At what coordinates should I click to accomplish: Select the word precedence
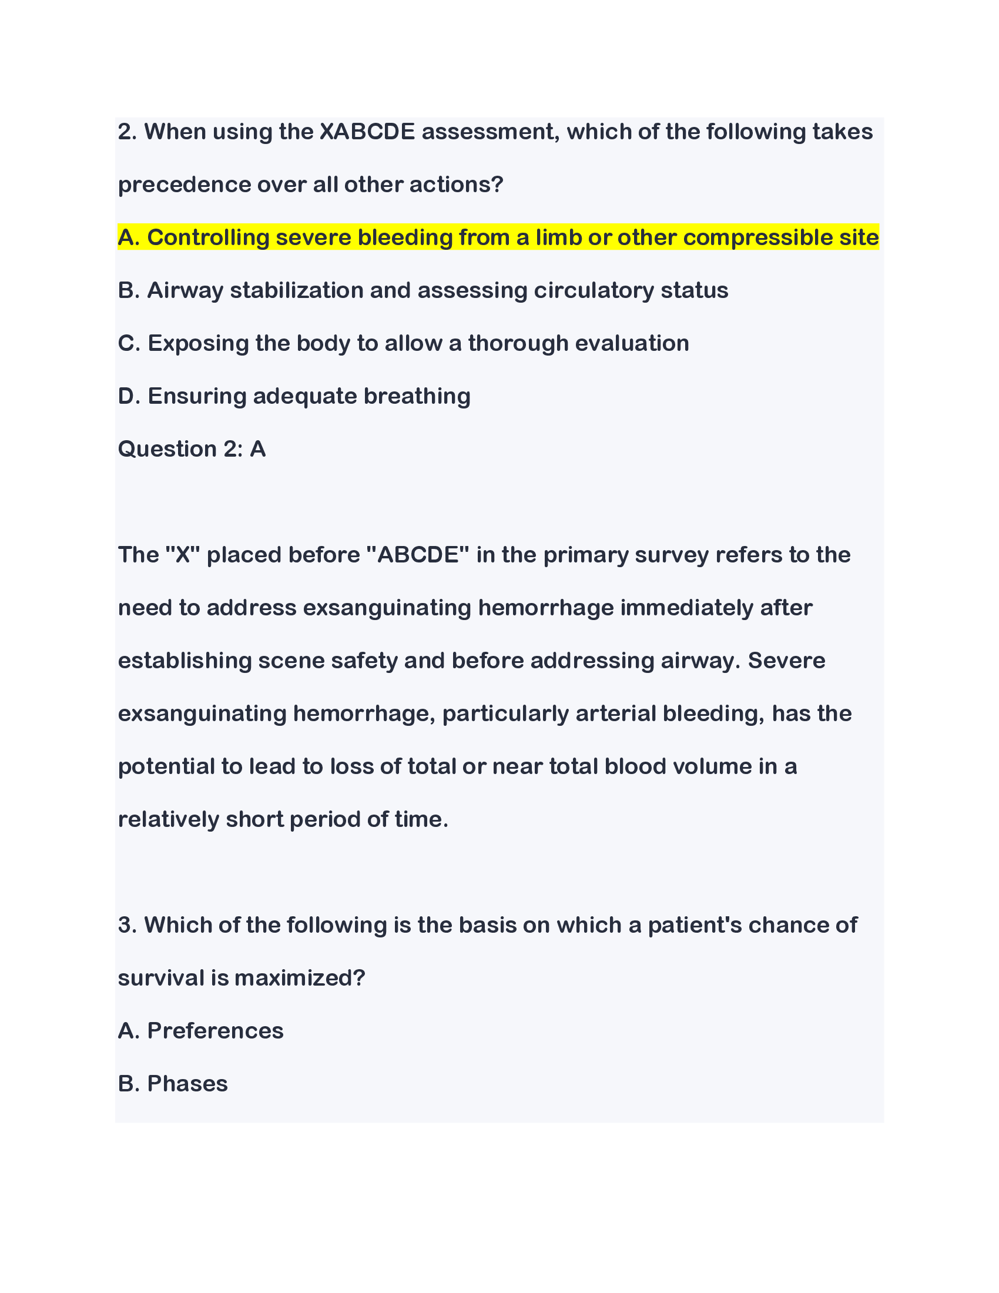(185, 185)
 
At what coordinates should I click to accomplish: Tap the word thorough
(518, 343)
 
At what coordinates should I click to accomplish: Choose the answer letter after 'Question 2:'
(257, 449)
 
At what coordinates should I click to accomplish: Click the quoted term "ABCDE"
(418, 555)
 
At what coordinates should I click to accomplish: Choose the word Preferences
(216, 1031)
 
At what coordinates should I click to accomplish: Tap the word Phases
(187, 1083)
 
